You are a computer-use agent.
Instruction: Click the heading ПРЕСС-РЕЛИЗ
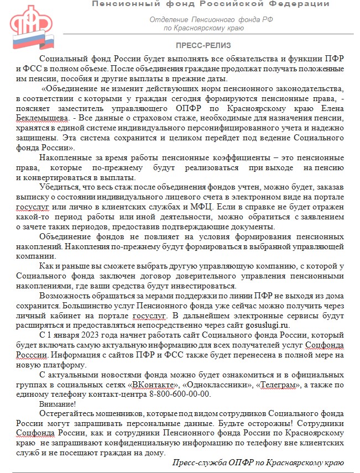[204, 45]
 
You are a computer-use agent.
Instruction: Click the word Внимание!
[58, 404]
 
